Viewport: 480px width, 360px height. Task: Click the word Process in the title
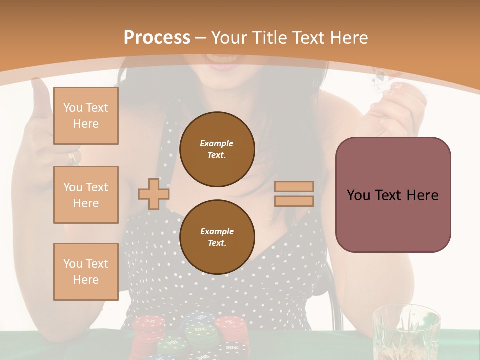157,37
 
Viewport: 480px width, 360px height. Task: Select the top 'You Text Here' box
86,116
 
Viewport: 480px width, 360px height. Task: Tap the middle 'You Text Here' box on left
86,195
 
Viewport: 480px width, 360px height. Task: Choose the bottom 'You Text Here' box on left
86,271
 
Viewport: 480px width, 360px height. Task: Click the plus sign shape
154,194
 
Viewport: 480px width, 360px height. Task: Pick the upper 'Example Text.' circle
217,149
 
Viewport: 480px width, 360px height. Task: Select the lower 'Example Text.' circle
217,237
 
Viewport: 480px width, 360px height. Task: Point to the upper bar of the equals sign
294,186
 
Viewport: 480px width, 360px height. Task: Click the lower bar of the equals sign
294,201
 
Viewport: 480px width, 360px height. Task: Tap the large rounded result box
393,195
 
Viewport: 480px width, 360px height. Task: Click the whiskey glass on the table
406,332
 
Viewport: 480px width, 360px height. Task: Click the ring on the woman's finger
73,157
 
